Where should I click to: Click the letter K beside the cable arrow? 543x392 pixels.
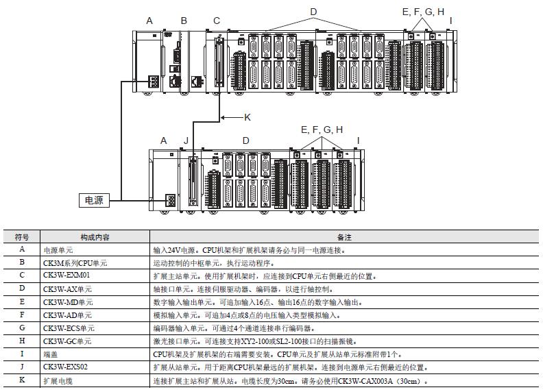[x=248, y=117]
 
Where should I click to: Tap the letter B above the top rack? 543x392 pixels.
[x=184, y=21]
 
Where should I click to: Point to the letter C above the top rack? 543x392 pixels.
[x=217, y=21]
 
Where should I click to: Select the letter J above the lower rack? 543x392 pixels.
[x=186, y=140]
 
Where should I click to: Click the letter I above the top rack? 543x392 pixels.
[x=450, y=21]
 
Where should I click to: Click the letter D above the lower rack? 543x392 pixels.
[x=245, y=140]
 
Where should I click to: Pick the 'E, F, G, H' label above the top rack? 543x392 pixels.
[x=423, y=12]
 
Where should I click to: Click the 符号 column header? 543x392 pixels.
[x=21, y=237]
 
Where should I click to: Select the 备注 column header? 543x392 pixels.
[x=344, y=237]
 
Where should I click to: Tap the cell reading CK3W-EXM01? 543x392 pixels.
[x=66, y=275]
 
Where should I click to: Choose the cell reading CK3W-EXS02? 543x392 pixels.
[x=65, y=367]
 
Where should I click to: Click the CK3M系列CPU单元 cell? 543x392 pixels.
[x=75, y=262]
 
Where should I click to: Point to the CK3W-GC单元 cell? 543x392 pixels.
[x=67, y=341]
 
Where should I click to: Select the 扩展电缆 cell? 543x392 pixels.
[x=58, y=380]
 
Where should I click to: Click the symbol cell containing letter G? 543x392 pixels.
[x=21, y=328]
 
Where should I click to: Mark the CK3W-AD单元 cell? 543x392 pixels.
[x=67, y=315]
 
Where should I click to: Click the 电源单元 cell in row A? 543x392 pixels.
[x=58, y=250]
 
